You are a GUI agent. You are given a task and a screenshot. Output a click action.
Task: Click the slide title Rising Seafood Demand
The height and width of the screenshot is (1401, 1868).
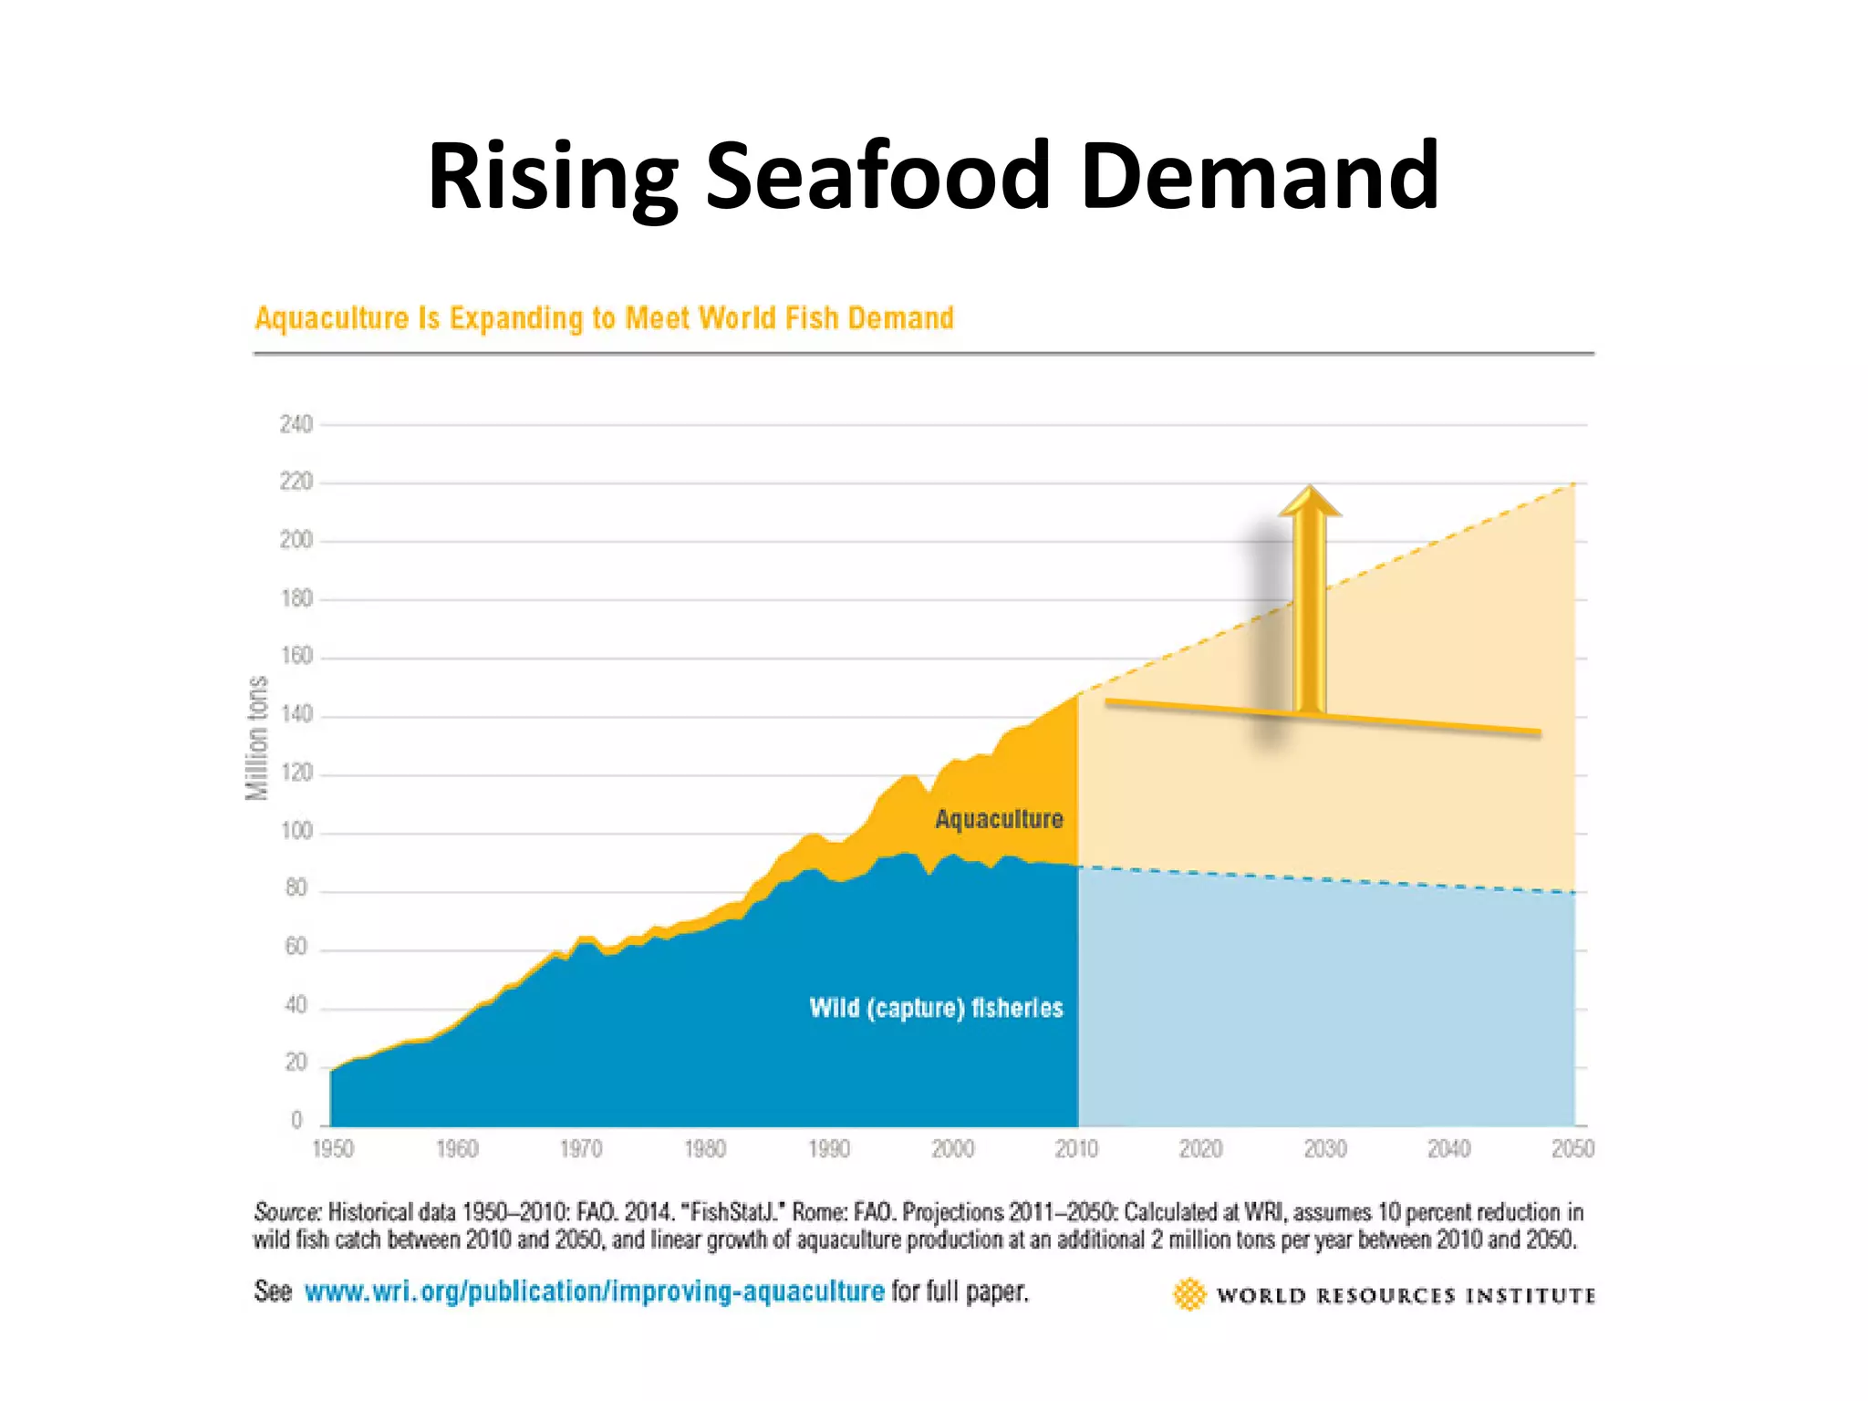point(932,175)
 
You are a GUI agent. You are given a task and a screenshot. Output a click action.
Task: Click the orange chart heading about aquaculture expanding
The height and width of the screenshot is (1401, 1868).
point(604,318)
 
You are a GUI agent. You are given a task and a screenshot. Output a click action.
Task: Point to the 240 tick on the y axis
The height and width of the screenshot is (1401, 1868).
point(296,424)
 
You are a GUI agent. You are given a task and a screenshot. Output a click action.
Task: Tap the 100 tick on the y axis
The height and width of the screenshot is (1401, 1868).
point(296,831)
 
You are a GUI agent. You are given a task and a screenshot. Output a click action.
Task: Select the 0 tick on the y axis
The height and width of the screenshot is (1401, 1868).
point(296,1120)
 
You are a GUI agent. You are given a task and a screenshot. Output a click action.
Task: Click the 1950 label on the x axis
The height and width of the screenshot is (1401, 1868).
point(333,1149)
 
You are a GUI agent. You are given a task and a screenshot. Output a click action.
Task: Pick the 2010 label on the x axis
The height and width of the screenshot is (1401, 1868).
point(1076,1149)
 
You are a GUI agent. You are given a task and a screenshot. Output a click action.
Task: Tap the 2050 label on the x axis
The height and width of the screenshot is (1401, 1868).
point(1572,1149)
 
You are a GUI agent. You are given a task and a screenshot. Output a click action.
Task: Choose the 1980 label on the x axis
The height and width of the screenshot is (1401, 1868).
point(705,1149)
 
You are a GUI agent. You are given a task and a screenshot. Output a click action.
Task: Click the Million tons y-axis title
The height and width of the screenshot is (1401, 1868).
point(258,738)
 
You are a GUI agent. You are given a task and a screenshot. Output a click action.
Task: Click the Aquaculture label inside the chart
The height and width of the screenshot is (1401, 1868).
point(999,819)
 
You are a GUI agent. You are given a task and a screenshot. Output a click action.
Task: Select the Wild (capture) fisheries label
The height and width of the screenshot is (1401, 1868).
point(936,1008)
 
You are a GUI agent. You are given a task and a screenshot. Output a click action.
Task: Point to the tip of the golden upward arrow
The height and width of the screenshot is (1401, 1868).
point(1310,487)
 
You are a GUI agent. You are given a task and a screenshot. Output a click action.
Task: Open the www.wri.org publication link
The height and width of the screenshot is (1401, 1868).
point(594,1292)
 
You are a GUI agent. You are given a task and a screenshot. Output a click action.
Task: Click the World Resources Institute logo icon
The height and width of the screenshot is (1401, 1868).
point(1189,1294)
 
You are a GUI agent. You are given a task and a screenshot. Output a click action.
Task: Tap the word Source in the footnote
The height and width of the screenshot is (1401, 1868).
point(286,1212)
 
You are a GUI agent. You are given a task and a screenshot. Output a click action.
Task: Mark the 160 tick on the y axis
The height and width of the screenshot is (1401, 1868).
point(296,656)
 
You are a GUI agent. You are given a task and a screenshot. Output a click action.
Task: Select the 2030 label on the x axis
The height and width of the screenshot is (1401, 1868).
point(1324,1149)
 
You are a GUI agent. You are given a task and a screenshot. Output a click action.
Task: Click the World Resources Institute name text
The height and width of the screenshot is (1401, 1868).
point(1406,1295)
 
